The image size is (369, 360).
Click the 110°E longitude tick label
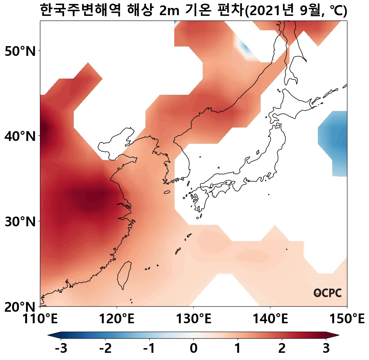click(40, 319)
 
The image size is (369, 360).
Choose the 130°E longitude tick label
click(194, 319)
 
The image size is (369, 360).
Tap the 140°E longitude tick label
click(270, 319)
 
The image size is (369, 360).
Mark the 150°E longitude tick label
click(346, 319)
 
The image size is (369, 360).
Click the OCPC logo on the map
click(327, 293)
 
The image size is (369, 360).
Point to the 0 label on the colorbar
click(194, 349)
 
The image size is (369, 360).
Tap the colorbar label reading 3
click(326, 349)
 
